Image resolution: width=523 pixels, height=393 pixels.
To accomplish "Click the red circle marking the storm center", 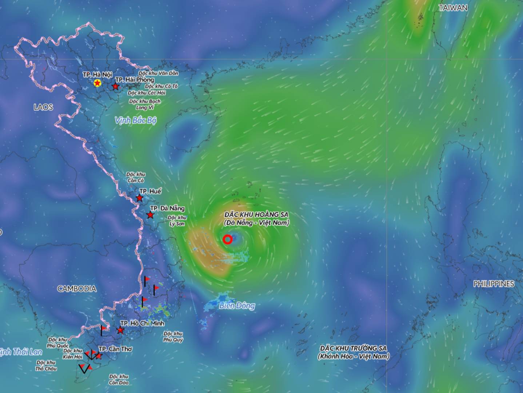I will pos(228,239).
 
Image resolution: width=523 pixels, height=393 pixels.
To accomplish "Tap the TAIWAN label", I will pos(453,8).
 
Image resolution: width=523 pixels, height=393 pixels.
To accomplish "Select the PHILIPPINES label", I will pos(494,284).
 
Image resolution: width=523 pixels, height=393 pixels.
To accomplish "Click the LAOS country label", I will pos(43,107).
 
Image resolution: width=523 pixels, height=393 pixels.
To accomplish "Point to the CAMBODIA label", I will pos(77,289).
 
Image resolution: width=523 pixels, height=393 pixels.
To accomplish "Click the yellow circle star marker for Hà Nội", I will pos(97,83).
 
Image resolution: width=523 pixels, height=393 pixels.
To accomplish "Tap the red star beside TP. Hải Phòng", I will pos(115,87).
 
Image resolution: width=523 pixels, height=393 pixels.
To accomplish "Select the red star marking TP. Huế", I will pos(139,198).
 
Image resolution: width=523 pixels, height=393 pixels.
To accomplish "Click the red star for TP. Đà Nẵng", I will pos(150,215).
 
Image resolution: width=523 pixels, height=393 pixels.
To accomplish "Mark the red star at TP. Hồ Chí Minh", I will pos(120,330).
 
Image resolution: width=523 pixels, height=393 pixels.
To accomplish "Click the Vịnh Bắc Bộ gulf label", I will pos(135,120).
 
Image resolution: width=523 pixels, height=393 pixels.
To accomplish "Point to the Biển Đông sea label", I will pos(237,306).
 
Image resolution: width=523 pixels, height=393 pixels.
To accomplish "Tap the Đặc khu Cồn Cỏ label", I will pos(136,178).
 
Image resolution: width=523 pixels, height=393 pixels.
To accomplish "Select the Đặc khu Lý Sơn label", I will pos(177,221).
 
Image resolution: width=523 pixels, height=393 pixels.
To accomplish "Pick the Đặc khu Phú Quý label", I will pos(173,337).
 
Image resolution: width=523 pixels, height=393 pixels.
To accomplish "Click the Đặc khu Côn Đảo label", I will pos(119,380).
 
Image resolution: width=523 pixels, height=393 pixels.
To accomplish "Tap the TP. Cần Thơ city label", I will pos(116,349).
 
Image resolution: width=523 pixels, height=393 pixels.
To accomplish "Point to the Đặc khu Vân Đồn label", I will pos(158,74).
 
